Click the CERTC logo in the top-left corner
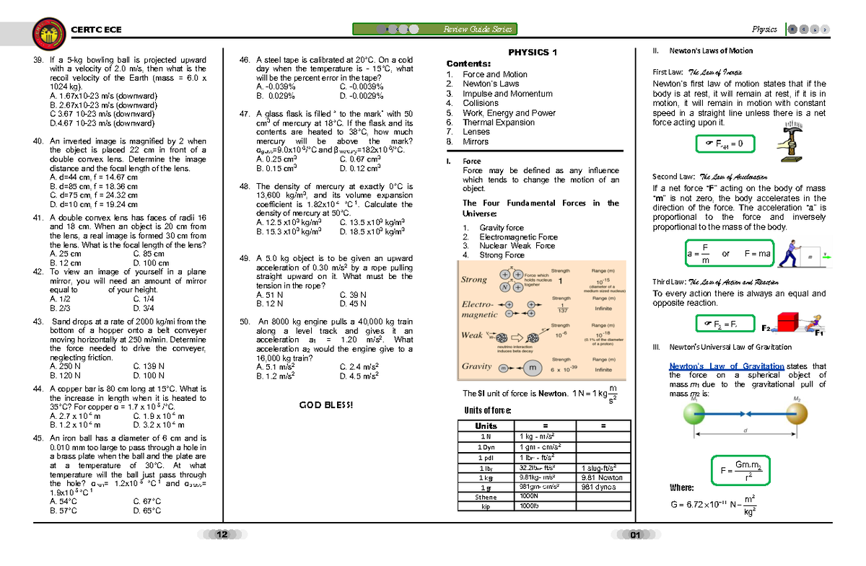(x=48, y=31)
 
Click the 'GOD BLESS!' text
(x=326, y=405)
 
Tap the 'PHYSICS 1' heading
(x=533, y=53)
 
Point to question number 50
(x=244, y=322)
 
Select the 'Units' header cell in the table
(x=485, y=426)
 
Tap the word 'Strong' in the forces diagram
(x=476, y=279)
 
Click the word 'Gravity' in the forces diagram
(x=477, y=366)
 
